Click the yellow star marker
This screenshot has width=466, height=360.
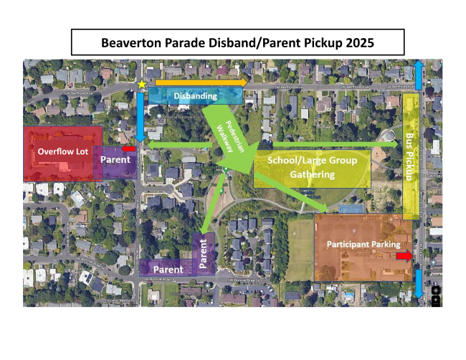[x=142, y=85]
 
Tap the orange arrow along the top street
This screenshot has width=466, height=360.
[x=201, y=82]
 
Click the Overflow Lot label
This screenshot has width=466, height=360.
[x=62, y=151]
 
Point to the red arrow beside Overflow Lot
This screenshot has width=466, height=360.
[x=130, y=148]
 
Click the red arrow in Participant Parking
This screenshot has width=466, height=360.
[x=405, y=256]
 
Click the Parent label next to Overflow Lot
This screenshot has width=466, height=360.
[x=115, y=158]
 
